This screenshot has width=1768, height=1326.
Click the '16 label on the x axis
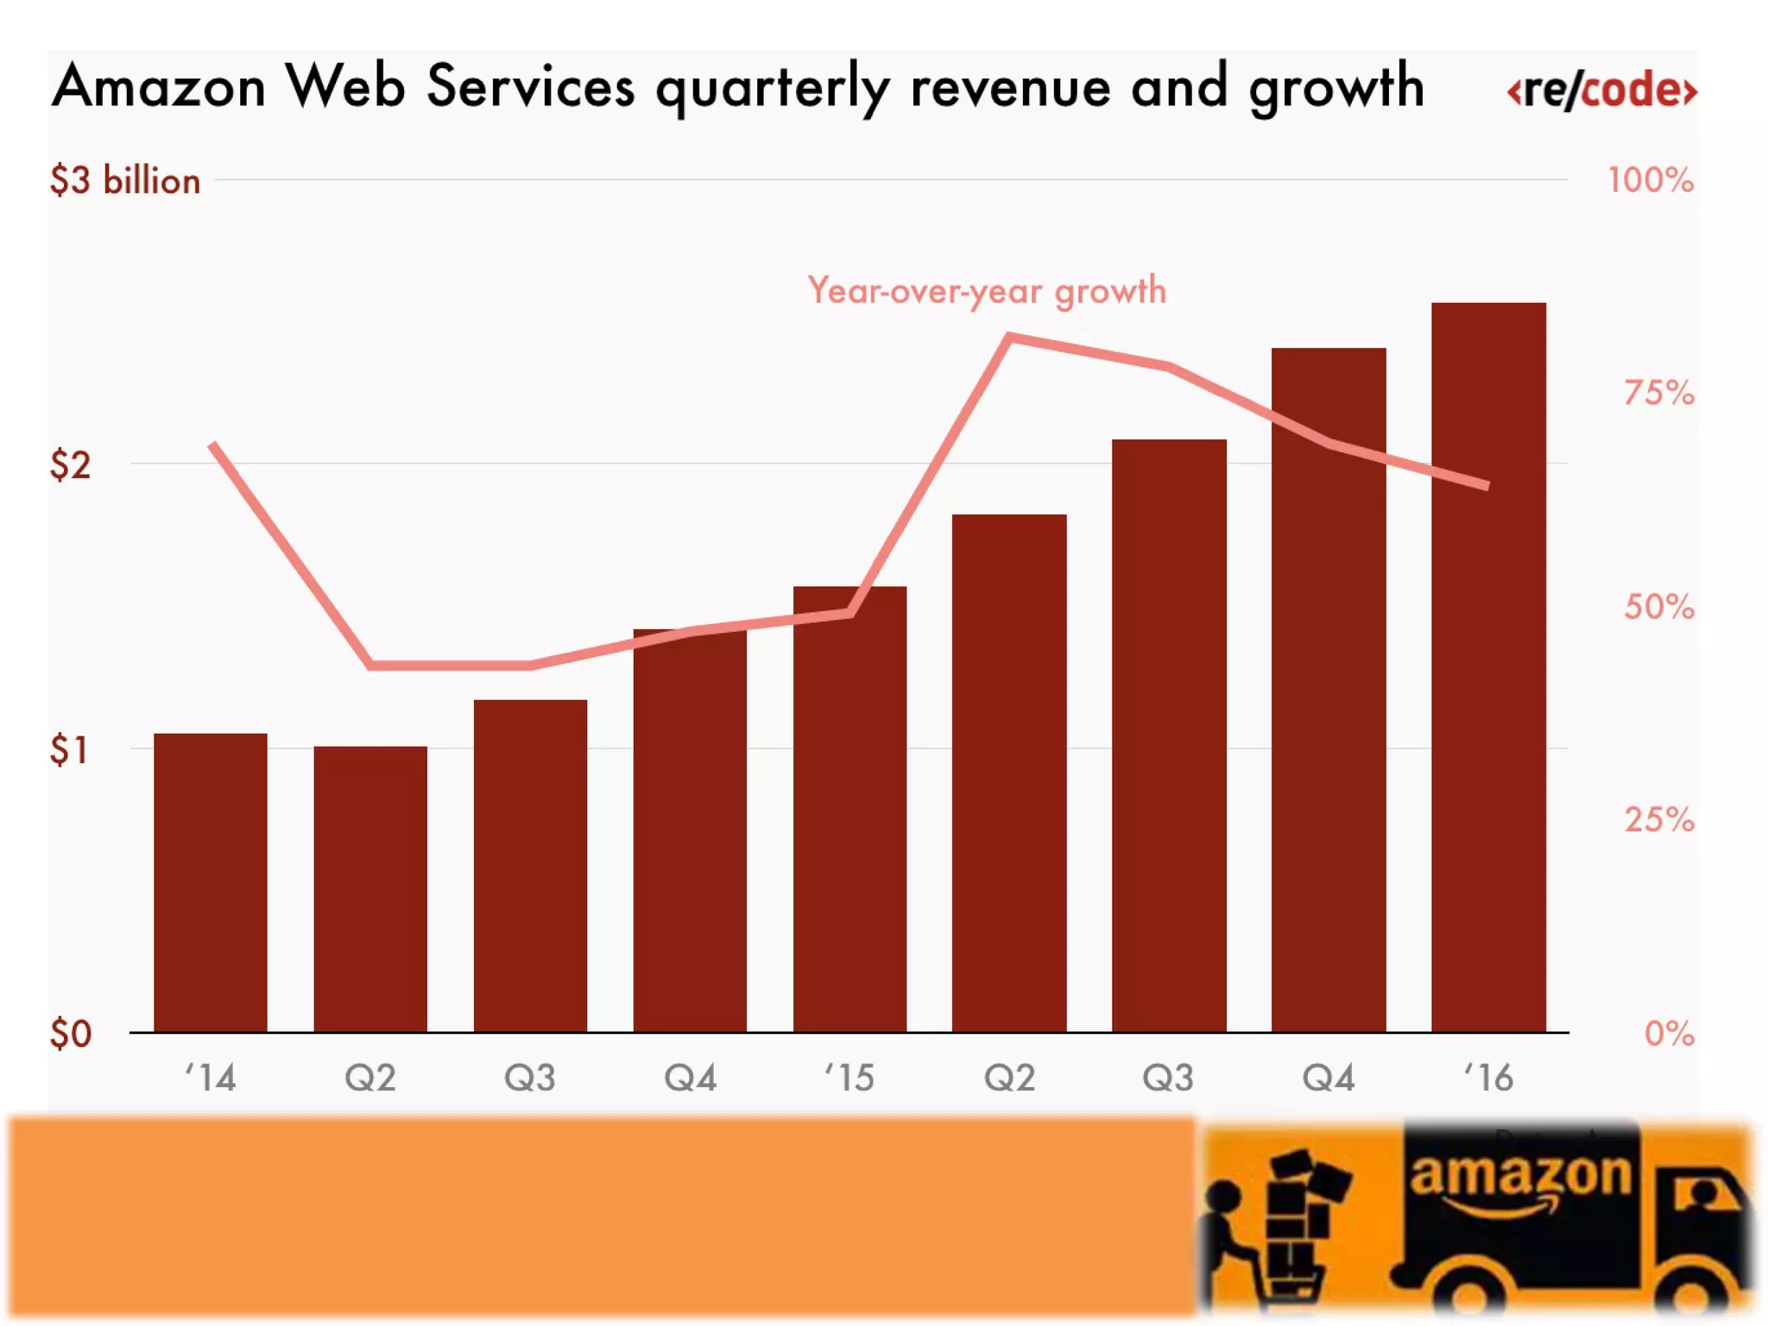[1488, 1077]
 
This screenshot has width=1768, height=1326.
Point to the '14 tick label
[211, 1077]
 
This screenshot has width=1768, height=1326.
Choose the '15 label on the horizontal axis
[849, 1077]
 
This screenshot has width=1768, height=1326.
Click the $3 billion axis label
[125, 181]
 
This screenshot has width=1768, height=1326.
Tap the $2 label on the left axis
[70, 465]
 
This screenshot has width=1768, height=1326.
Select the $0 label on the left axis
[70, 1033]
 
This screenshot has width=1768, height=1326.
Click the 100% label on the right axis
[1650, 181]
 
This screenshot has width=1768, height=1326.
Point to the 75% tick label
[1658, 394]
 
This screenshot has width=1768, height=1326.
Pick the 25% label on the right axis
[1658, 819]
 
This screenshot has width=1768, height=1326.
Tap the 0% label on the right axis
[1669, 1033]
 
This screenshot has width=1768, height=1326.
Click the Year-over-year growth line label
[987, 291]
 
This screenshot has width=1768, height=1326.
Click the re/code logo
[1601, 90]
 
